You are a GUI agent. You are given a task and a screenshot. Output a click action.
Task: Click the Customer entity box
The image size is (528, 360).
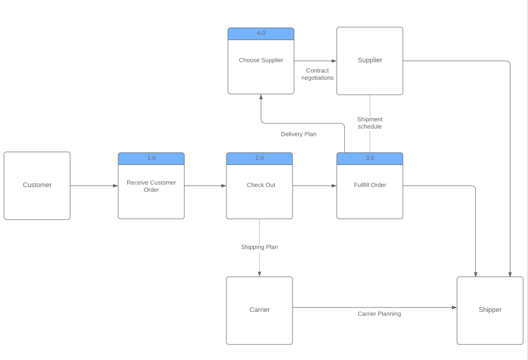point(37,186)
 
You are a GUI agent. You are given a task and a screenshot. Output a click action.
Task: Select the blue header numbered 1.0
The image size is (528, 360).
point(151,158)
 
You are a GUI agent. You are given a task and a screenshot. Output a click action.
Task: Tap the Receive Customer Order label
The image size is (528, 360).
point(151,186)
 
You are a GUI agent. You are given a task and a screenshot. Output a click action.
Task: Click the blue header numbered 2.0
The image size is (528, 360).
point(259,158)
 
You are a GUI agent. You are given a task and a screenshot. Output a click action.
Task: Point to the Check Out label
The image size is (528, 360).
point(261,185)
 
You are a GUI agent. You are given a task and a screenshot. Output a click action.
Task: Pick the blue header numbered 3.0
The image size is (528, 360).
point(370,158)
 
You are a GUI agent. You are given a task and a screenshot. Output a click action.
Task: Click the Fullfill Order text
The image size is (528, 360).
point(370,185)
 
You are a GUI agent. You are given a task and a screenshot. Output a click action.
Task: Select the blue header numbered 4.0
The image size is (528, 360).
point(261,34)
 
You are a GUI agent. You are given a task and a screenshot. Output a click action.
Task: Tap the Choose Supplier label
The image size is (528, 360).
point(261,60)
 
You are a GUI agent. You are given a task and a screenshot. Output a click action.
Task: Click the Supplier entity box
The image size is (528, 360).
point(370,61)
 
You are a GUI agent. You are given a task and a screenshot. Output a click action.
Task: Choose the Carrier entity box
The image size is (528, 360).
point(259,310)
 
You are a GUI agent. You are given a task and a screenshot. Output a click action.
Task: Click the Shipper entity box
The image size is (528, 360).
point(490,310)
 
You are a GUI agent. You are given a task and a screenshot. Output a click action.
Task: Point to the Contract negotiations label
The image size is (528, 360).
point(318,74)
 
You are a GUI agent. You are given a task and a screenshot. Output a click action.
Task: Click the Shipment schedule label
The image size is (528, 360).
point(370,123)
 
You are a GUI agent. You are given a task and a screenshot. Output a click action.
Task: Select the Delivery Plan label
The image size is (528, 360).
point(299,134)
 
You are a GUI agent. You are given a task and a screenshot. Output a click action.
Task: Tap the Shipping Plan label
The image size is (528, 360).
point(259,247)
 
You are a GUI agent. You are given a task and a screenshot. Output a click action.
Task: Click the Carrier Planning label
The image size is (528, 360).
point(379,314)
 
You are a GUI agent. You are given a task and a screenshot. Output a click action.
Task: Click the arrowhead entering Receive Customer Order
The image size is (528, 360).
point(115,186)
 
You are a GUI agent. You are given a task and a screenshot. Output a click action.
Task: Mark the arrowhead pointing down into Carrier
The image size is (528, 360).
point(259,274)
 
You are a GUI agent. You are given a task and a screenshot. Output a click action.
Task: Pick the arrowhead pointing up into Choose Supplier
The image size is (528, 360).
point(261,97)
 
